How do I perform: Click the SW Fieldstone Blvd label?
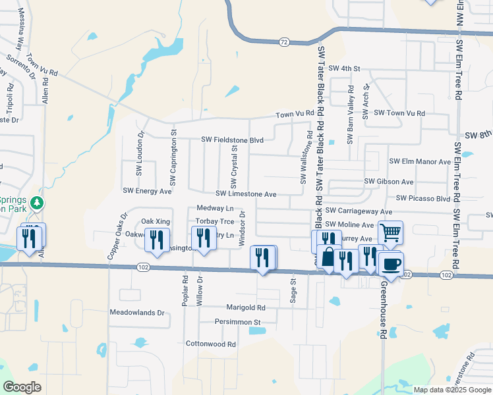232,140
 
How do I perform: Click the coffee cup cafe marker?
391,265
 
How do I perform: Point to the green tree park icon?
38,202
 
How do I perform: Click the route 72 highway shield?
283,41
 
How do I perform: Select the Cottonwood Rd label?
210,344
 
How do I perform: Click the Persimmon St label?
238,322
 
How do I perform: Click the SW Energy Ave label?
147,191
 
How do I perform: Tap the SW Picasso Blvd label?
422,198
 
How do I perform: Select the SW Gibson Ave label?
388,182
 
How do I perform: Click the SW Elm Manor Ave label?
420,161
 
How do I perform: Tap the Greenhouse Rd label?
382,309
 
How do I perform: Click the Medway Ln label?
211,208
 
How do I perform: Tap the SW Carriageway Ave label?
358,211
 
